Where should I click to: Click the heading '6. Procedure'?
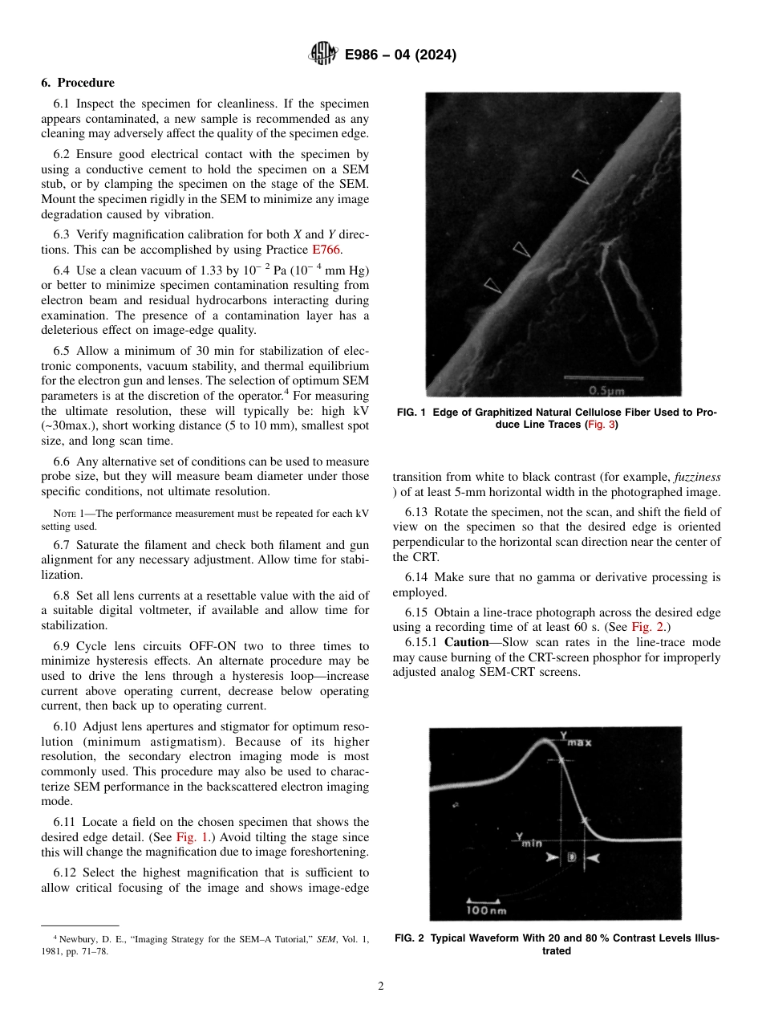78,83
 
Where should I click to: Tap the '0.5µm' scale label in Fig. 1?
606,391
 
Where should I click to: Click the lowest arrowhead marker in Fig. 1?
491,284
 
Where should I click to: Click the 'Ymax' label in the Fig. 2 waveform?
574,738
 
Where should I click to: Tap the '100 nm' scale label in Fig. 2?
486,910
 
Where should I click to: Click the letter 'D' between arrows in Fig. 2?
571,857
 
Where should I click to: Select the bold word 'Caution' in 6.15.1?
465,642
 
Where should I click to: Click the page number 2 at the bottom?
381,986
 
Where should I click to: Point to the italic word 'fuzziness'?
697,476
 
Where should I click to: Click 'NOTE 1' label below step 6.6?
70,513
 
